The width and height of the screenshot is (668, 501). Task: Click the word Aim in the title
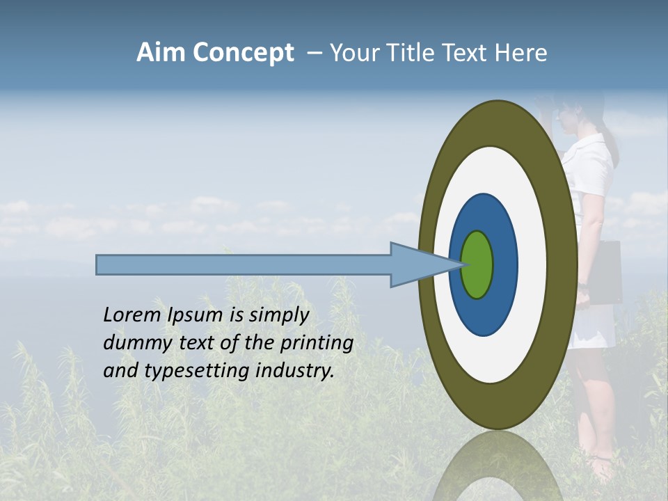pyautogui.click(x=161, y=53)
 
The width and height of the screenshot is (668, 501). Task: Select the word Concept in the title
pyautogui.click(x=244, y=53)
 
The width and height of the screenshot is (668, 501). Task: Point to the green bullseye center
pyautogui.click(x=477, y=265)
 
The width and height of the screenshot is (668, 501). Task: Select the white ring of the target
pyautogui.click(x=532, y=265)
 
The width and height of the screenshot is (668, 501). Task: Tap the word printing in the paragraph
pyautogui.click(x=317, y=343)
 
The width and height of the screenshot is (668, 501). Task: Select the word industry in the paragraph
pyautogui.click(x=295, y=371)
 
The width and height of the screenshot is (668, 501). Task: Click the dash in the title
pyautogui.click(x=314, y=53)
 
